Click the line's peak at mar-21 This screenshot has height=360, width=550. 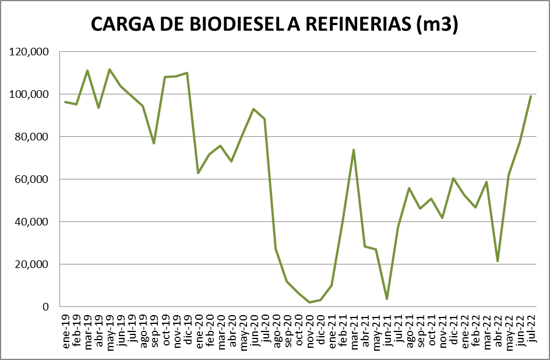click(x=354, y=150)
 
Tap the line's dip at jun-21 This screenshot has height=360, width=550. click(x=387, y=299)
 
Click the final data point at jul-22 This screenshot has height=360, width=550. click(x=531, y=96)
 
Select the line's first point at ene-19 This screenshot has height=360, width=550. click(x=65, y=102)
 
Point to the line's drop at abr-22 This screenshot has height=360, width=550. click(x=498, y=261)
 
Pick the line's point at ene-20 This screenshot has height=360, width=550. click(x=198, y=173)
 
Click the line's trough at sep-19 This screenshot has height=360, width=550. click(x=154, y=143)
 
